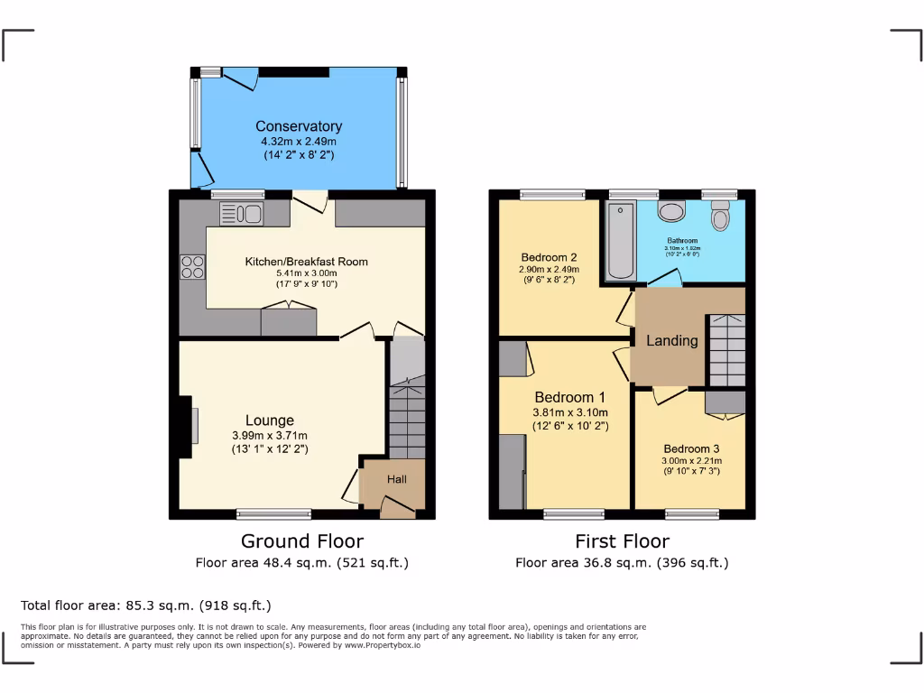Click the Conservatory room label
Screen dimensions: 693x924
pos(298,126)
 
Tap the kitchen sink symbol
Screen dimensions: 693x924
pos(240,214)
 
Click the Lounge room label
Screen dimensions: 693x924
pos(270,420)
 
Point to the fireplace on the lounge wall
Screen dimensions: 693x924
pos(193,423)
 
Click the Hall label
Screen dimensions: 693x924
pos(397,480)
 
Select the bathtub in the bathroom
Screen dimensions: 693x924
pos(620,241)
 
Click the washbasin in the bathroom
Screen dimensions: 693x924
pos(671,211)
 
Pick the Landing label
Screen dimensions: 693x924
pos(671,340)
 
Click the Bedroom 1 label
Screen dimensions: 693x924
pos(569,397)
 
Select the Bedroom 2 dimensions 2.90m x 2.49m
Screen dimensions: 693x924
pos(549,269)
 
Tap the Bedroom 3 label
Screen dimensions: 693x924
pos(691,448)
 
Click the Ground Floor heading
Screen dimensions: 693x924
pos(301,541)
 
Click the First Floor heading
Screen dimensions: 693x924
pos(622,541)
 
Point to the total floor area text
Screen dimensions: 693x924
pos(145,605)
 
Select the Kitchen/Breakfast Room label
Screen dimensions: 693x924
pos(307,262)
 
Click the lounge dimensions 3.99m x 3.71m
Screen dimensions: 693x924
pos(270,436)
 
